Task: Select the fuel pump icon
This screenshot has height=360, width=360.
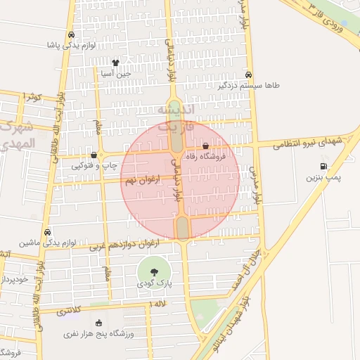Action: point(323,167)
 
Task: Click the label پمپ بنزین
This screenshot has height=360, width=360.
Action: point(323,179)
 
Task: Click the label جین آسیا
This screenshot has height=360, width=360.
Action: point(115,73)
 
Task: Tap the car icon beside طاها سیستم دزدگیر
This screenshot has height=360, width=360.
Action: point(248,75)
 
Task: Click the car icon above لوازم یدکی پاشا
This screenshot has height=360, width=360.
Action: point(71,34)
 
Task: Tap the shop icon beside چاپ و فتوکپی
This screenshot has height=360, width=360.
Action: point(94,155)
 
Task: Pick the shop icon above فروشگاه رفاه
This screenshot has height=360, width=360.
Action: point(205,146)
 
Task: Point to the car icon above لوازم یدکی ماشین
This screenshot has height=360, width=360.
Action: point(47,232)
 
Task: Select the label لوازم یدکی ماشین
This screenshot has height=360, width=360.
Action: point(48,243)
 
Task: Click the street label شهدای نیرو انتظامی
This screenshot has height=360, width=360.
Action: point(307,143)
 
